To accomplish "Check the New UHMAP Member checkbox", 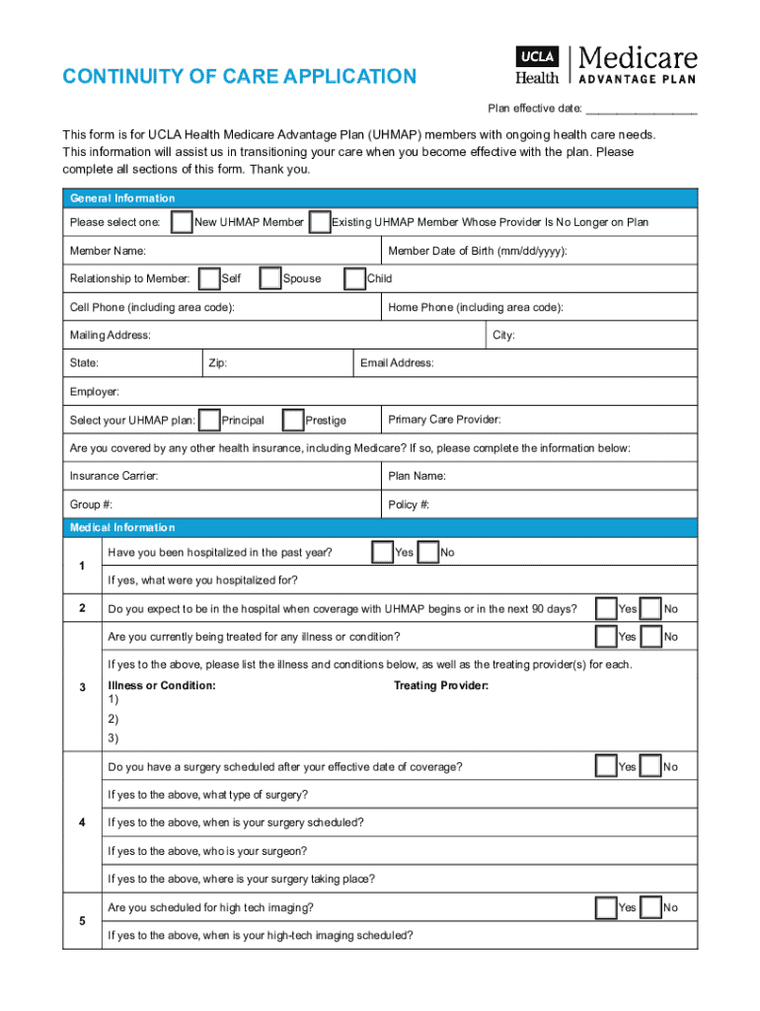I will point(182,222).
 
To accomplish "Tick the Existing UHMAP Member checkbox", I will point(320,222).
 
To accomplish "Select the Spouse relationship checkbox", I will point(270,279).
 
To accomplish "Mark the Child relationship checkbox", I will point(354,279).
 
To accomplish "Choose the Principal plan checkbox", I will point(209,421).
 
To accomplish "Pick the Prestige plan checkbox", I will point(293,421).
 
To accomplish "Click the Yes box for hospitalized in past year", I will point(382,552).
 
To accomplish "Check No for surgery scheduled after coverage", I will point(650,767).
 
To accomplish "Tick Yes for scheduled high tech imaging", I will point(606,907).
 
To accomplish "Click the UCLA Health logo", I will point(537,66).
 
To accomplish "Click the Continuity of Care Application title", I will point(240,77).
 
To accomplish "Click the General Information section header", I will point(122,198).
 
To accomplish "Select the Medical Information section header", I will point(122,527).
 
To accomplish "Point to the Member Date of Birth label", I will point(478,251).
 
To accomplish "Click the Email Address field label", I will point(397,363).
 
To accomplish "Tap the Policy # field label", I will point(409,505).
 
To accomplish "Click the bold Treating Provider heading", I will point(441,685).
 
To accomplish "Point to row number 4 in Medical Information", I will point(82,822).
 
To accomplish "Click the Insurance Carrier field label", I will point(114,476).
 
